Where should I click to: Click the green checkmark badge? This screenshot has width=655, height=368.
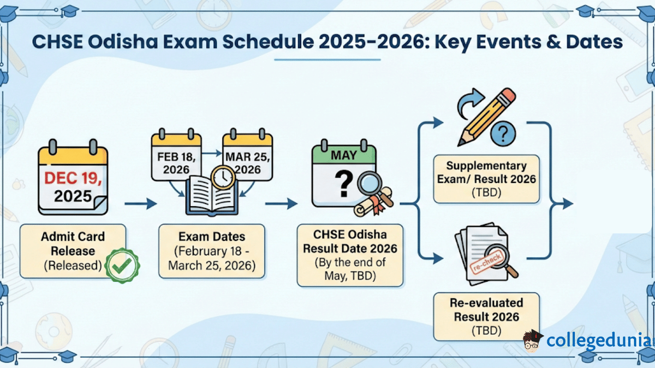click(122, 266)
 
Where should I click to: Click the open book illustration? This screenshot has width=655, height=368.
click(212, 196)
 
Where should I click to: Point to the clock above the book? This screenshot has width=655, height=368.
click(223, 177)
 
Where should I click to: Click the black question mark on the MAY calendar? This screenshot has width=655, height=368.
click(344, 184)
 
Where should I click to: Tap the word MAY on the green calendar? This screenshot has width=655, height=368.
click(344, 155)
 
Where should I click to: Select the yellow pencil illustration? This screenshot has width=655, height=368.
click(486, 117)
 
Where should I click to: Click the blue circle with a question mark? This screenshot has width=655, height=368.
click(503, 134)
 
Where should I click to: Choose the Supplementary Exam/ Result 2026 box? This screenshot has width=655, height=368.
click(486, 179)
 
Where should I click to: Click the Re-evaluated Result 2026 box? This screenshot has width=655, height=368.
click(486, 317)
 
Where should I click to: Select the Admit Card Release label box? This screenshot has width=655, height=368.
click(73, 251)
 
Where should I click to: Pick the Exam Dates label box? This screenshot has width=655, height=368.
click(212, 251)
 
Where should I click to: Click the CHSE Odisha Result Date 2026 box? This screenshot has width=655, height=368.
click(350, 255)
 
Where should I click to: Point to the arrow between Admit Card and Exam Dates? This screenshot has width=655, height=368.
click(141, 203)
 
